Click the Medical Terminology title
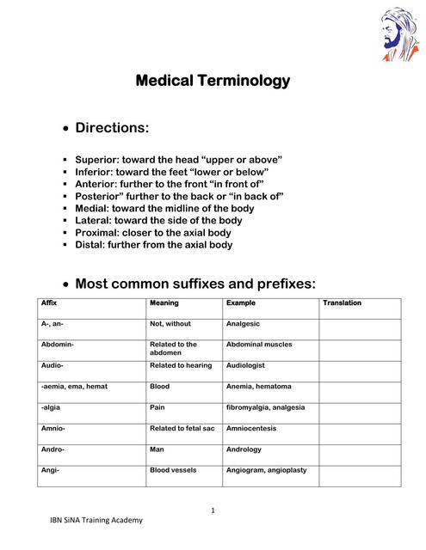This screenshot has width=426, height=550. (213, 82)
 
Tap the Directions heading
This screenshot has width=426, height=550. (112, 128)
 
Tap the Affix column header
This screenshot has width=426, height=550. (49, 303)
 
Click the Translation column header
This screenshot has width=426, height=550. (342, 303)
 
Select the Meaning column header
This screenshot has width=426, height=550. (164, 303)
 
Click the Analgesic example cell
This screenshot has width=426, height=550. (243, 324)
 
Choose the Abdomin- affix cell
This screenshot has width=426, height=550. (58, 345)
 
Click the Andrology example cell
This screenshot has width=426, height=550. (244, 449)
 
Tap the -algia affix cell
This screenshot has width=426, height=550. (51, 407)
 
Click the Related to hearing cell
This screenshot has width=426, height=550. (181, 366)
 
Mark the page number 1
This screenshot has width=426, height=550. (213, 511)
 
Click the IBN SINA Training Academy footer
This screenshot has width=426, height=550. (95, 521)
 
